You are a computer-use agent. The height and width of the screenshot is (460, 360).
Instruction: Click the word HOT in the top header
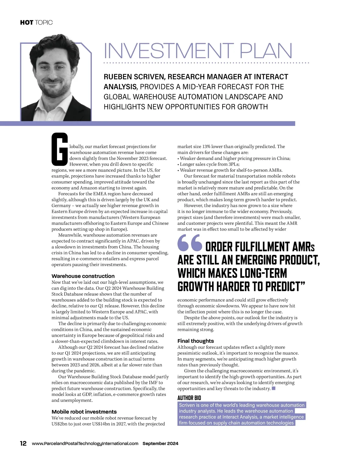click(26, 22)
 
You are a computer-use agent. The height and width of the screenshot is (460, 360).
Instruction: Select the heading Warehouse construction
click(83, 276)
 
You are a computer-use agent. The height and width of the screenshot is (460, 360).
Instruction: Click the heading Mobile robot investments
click(84, 412)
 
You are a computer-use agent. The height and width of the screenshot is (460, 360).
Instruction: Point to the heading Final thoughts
click(196, 341)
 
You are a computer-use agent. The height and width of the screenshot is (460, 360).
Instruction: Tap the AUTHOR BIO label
click(189, 398)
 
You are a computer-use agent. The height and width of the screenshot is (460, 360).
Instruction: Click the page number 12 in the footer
click(23, 444)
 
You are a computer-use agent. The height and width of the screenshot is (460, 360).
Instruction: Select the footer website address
click(85, 444)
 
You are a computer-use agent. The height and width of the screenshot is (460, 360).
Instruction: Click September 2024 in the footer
click(160, 444)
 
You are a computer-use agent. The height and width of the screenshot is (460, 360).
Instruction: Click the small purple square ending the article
click(273, 388)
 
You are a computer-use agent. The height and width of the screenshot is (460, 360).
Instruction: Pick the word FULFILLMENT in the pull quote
click(257, 247)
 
